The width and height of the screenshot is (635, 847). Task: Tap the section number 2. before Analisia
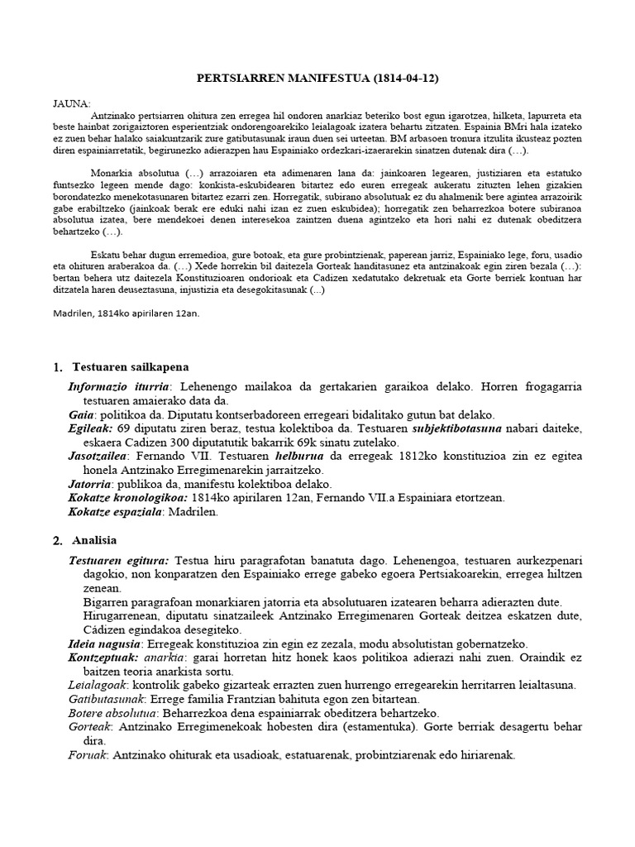57,542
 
